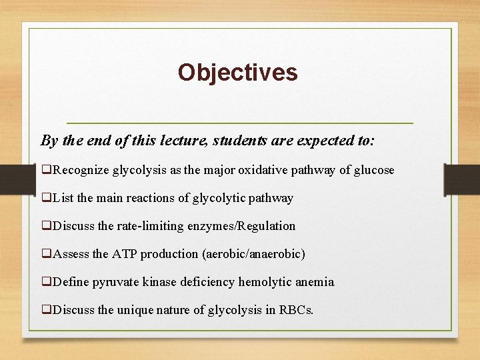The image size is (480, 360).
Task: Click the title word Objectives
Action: pyautogui.click(x=237, y=72)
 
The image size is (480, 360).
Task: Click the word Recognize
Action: pyautogui.click(x=81, y=170)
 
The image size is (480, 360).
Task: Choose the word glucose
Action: pyautogui.click(x=374, y=170)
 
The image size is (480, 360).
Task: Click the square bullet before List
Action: pyautogui.click(x=46, y=198)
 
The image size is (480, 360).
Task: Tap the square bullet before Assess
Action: pyautogui.click(x=46, y=254)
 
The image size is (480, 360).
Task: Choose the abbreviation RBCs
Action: pyautogui.click(x=297, y=310)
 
